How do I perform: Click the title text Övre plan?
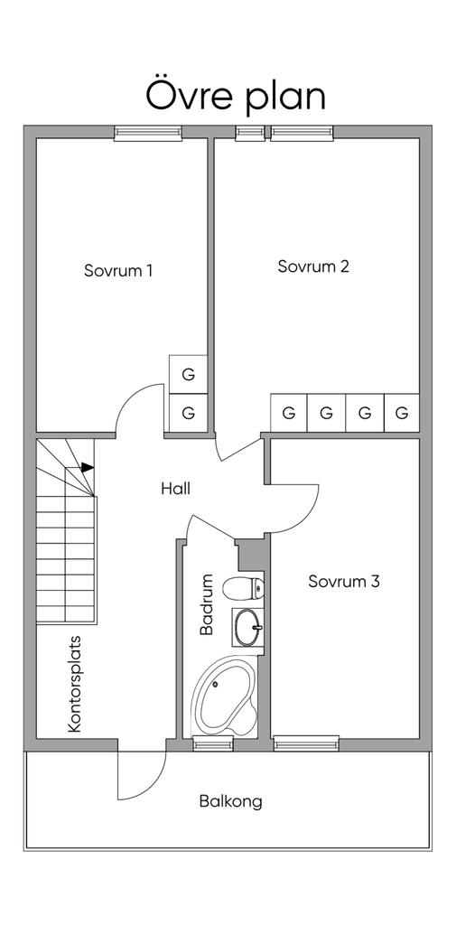[236, 98]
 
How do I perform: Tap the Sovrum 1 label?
[118, 271]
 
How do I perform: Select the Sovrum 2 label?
[313, 266]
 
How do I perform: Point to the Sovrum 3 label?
[344, 582]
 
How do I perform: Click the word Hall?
[175, 489]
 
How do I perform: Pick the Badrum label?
[206, 604]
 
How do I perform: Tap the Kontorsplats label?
[74, 684]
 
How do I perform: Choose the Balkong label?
[230, 802]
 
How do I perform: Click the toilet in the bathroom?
[243, 587]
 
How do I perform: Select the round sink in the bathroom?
[247, 628]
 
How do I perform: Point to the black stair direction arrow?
[88, 467]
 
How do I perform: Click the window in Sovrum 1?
[147, 134]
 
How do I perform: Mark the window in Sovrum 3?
[307, 743]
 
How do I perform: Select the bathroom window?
[213, 743]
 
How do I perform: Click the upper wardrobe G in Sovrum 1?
[188, 375]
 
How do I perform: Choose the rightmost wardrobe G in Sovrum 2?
[402, 413]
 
